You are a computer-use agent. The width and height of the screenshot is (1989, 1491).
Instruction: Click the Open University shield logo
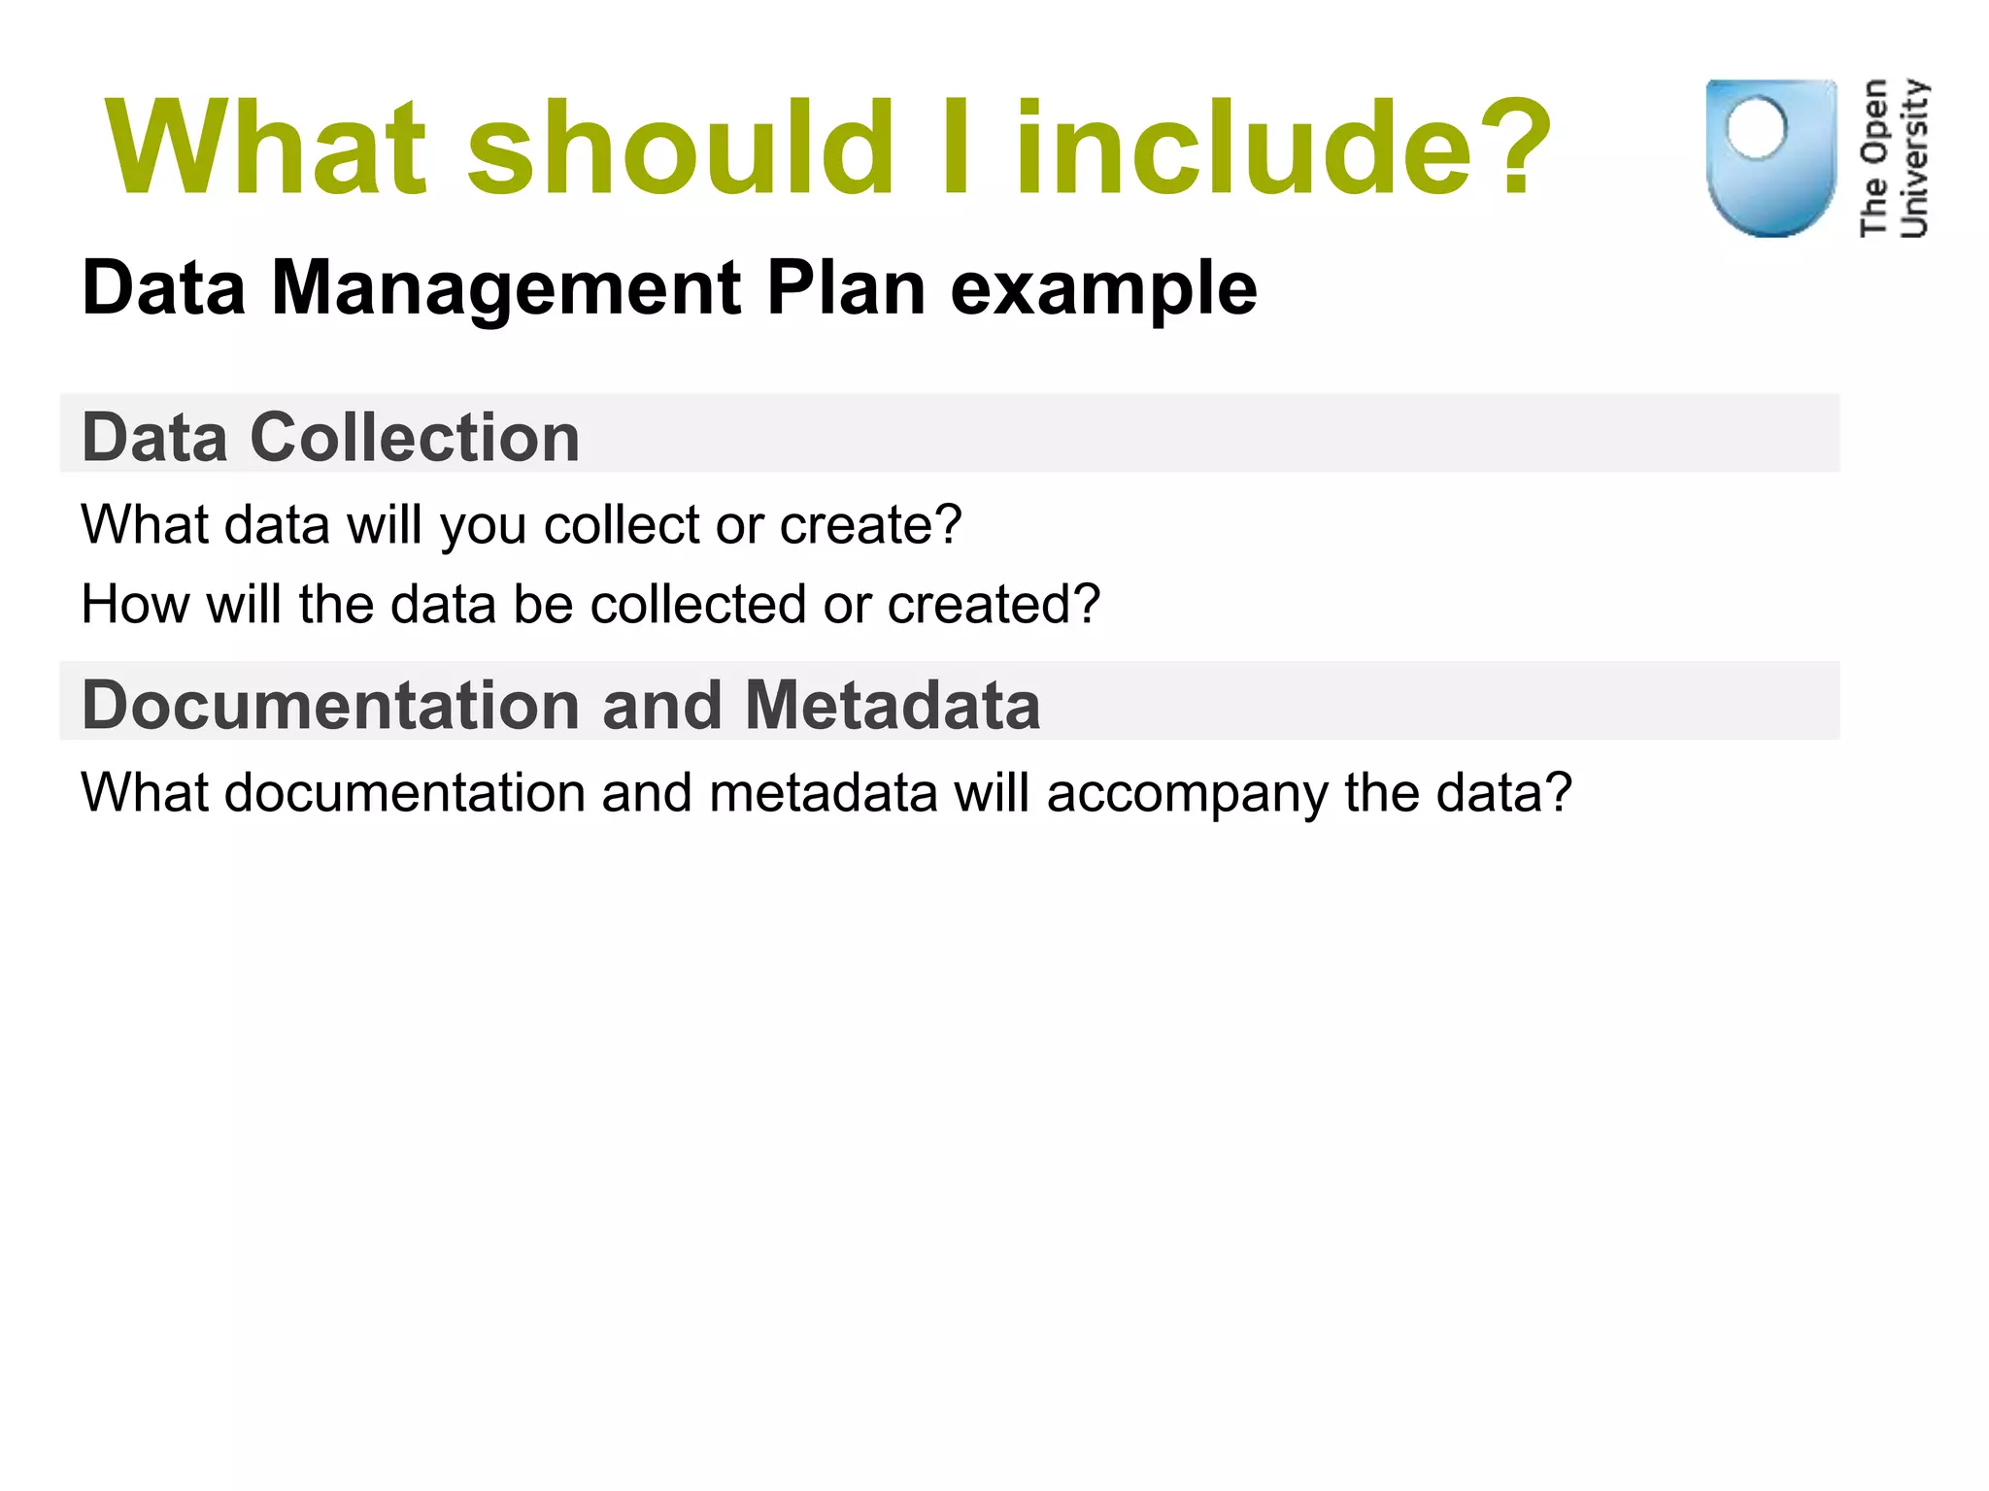click(1770, 157)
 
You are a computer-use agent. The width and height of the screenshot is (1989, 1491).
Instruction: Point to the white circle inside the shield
click(1756, 127)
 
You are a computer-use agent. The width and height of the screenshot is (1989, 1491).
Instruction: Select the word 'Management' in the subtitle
click(506, 288)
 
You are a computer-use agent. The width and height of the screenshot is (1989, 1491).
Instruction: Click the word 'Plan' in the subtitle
click(845, 288)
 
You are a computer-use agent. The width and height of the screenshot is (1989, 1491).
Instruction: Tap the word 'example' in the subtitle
click(1103, 288)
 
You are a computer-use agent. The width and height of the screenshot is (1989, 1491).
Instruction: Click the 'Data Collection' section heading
click(330, 437)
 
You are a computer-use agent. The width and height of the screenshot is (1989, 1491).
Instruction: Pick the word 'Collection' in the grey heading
click(415, 437)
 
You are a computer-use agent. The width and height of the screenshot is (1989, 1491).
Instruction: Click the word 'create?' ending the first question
click(870, 525)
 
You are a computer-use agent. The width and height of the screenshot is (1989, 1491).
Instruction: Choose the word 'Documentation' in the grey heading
click(330, 705)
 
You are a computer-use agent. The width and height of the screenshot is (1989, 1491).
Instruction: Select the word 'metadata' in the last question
click(824, 793)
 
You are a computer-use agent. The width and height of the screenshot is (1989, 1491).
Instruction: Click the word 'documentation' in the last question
click(404, 793)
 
